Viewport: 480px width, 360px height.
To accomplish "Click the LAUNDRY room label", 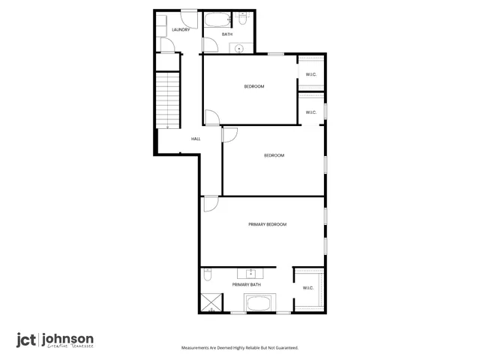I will (x=180, y=30).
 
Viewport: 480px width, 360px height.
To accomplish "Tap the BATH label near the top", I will (x=226, y=34).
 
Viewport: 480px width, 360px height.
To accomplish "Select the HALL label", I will (x=196, y=139).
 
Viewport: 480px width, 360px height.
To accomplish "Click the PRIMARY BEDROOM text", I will (x=267, y=224).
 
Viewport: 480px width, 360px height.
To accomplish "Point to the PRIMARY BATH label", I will (x=246, y=285).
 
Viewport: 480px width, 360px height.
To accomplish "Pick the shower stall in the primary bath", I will (x=211, y=302).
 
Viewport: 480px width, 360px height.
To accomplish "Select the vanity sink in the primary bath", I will (x=250, y=272).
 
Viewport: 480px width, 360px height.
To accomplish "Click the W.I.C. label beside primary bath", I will (x=307, y=288).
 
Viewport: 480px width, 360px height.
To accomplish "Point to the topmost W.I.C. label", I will (x=310, y=73).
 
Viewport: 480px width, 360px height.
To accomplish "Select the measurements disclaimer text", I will (x=240, y=348).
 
